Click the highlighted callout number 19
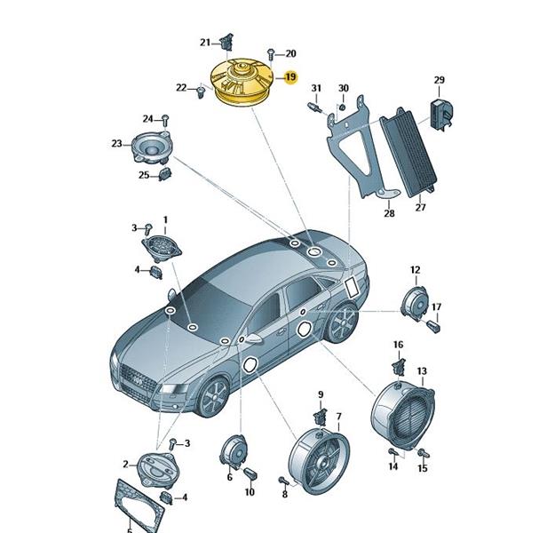(290, 77)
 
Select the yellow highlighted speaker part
(242, 84)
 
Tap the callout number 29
(440, 80)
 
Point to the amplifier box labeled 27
(408, 154)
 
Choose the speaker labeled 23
(151, 148)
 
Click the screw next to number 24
(165, 121)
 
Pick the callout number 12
(416, 270)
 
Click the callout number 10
(250, 492)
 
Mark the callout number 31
(316, 88)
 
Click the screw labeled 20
(270, 54)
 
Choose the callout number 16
(398, 345)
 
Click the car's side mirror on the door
(254, 338)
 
